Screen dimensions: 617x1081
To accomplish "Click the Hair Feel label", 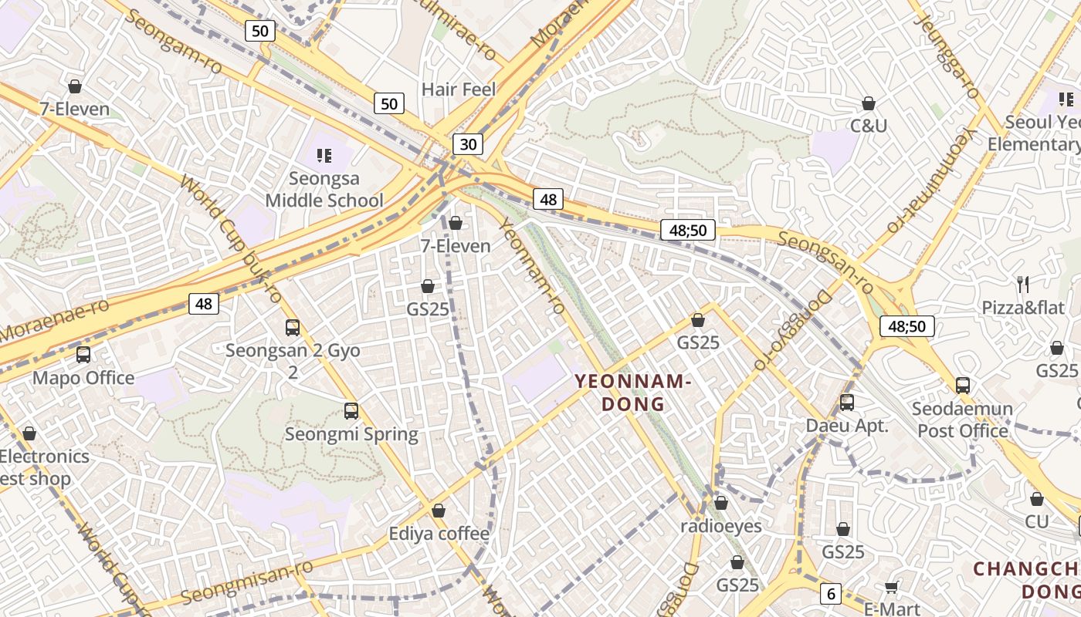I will (459, 89).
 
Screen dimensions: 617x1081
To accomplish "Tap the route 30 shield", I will (468, 143).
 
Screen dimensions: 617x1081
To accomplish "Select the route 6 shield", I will (831, 593).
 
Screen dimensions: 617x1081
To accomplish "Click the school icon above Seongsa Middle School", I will (324, 157).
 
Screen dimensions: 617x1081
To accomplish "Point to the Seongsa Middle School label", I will (324, 190).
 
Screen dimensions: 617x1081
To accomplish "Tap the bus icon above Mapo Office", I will (83, 355).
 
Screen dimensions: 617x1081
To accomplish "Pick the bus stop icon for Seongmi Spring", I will (351, 411).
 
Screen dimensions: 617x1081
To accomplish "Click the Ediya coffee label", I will (439, 534).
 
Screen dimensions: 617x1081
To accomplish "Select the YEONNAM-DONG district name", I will (631, 392).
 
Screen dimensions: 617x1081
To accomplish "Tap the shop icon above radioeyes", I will (721, 504).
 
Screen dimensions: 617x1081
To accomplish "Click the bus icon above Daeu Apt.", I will (847, 403).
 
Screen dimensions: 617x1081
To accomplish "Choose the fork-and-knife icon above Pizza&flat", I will (1023, 285).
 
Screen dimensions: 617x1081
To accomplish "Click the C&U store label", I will (869, 125).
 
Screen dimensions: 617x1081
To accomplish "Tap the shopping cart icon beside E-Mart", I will (892, 587).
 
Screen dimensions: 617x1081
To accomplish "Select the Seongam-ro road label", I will (173, 42).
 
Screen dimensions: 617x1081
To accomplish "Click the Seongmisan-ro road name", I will (247, 583).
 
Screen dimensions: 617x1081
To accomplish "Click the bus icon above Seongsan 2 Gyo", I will (293, 328).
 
